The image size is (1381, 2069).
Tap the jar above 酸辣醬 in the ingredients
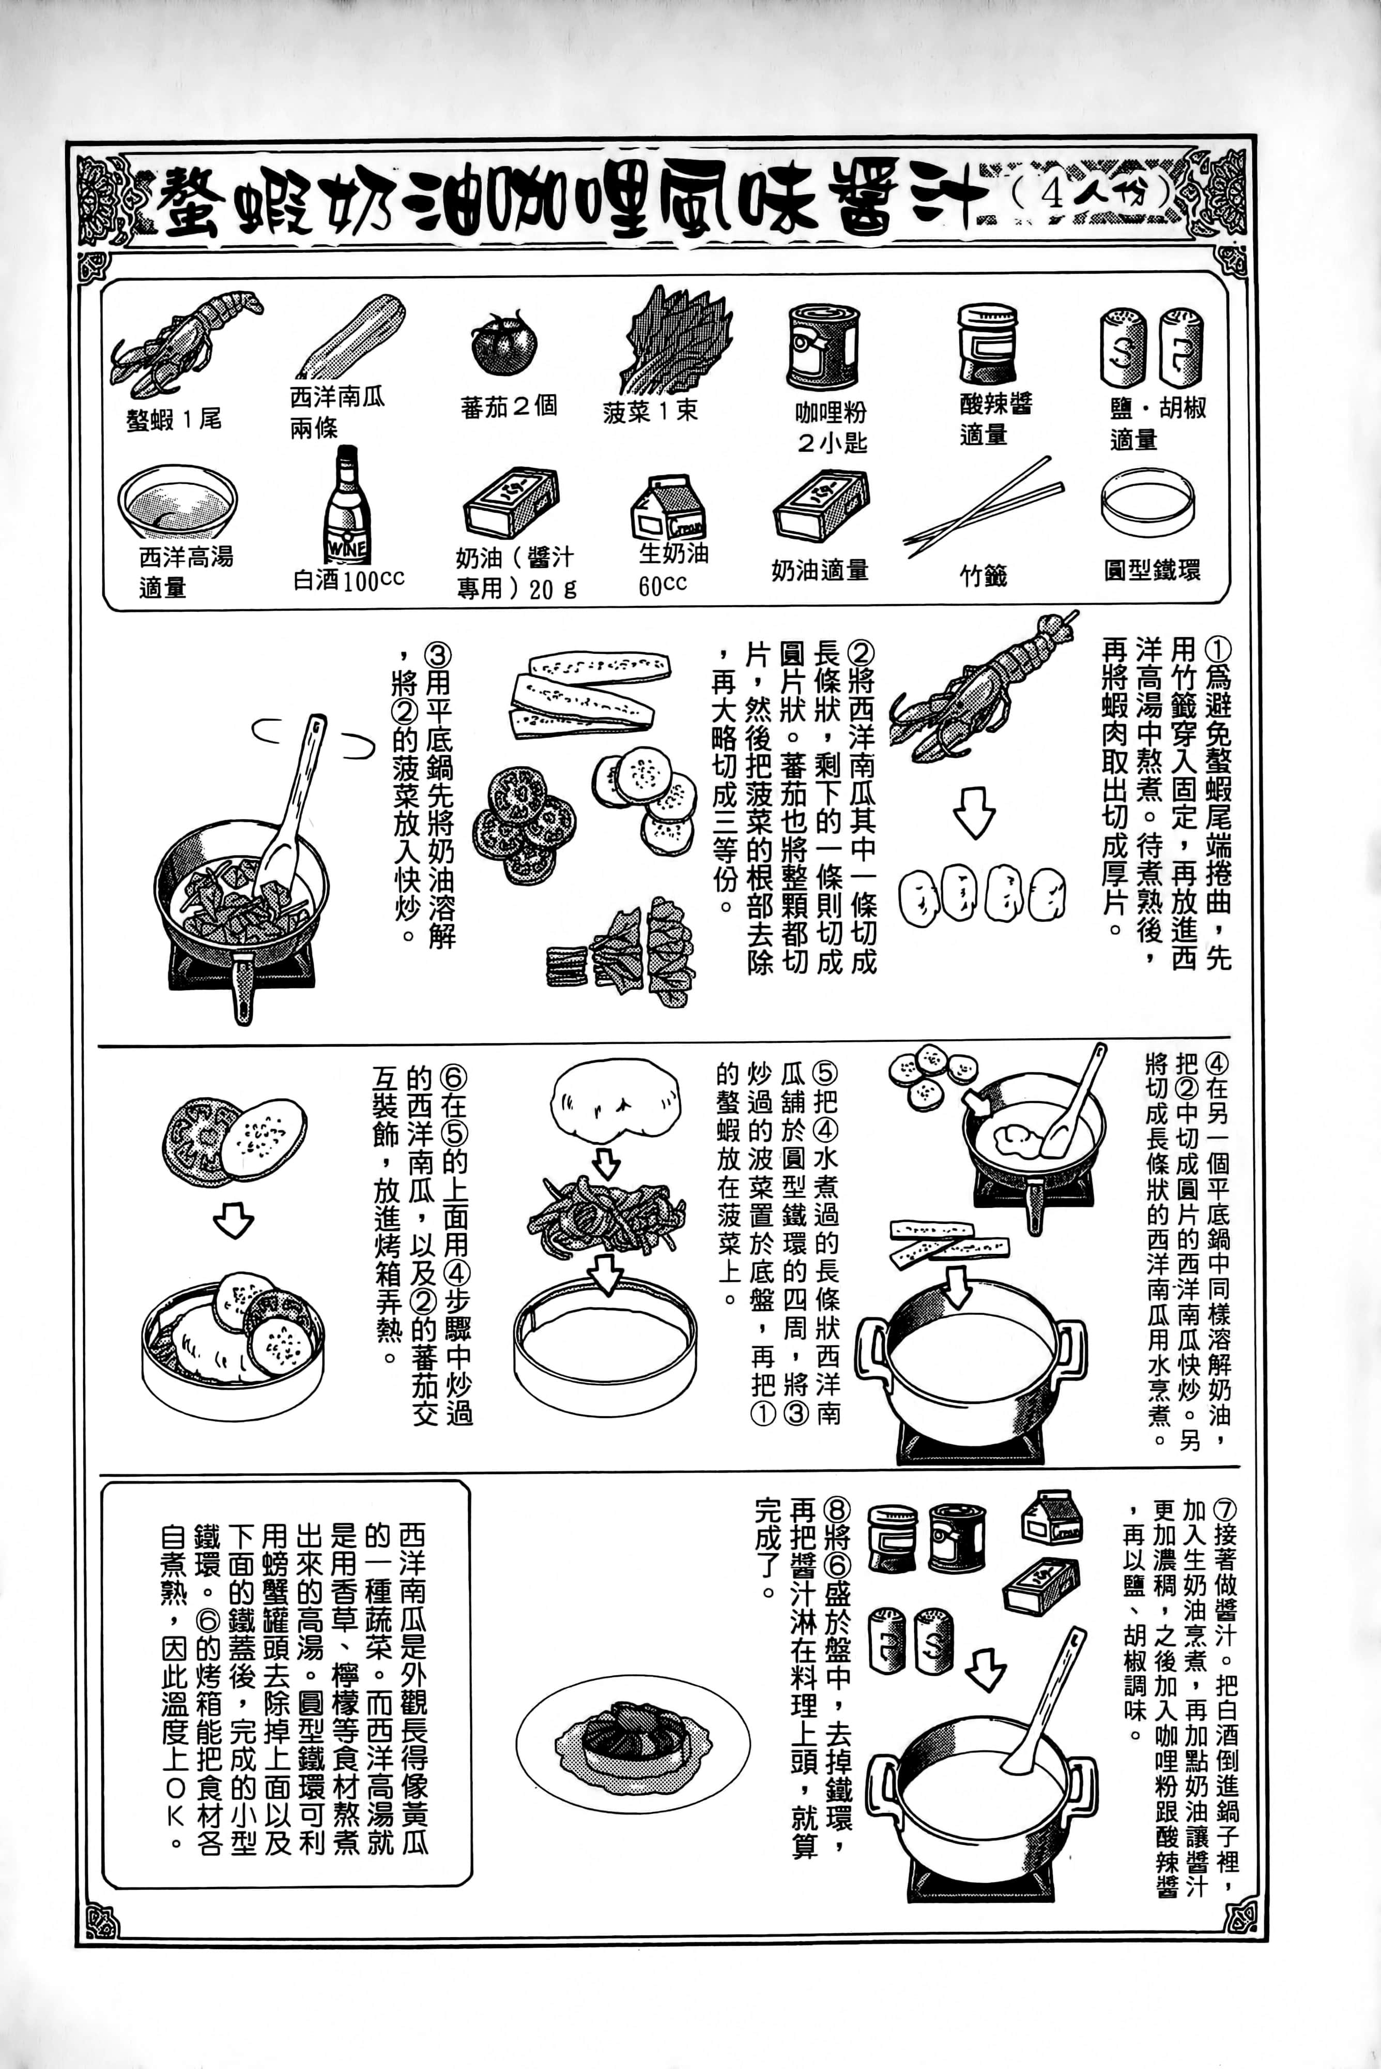click(x=987, y=343)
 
